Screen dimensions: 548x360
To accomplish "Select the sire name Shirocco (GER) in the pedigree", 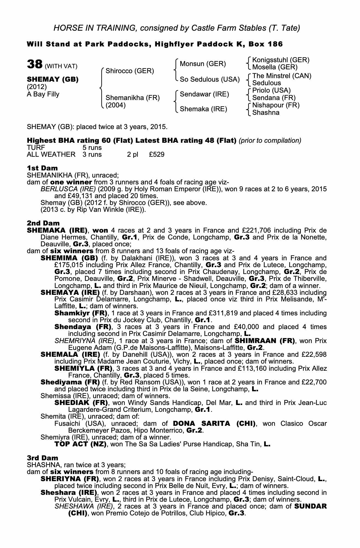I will [x=130, y=71].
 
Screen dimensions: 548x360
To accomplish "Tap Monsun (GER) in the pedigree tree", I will [x=203, y=64].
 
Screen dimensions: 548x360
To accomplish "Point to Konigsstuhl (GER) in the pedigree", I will [x=281, y=60].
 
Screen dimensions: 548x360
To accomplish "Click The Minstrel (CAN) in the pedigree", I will [x=282, y=76].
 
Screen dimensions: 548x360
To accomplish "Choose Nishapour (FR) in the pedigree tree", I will [x=276, y=105].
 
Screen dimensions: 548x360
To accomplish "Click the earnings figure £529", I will [x=157, y=154].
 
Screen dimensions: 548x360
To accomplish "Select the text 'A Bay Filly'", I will [x=43, y=94].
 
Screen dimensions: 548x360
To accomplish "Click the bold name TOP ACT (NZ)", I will [x=81, y=444].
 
